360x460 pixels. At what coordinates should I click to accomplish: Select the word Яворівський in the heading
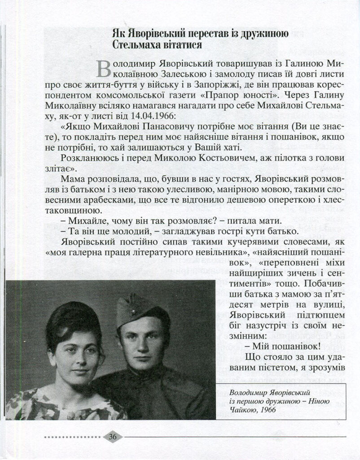(154, 33)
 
